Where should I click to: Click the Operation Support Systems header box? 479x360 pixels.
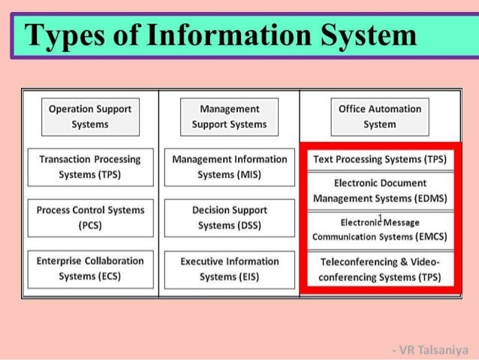tap(89, 116)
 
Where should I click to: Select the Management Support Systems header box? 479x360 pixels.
tap(229, 116)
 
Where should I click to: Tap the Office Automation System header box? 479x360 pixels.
tap(379, 116)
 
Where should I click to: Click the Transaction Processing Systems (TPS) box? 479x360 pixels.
tap(89, 167)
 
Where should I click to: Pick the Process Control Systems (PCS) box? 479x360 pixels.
tap(89, 217)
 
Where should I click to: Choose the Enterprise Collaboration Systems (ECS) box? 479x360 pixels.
tap(89, 268)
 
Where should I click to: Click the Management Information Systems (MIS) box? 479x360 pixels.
tap(229, 167)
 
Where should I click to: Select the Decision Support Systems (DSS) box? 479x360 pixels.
tap(229, 217)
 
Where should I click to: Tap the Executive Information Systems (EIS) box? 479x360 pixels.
tap(229, 268)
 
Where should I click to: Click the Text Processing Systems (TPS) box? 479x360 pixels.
tap(379, 160)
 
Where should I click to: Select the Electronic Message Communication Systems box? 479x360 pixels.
tap(379, 229)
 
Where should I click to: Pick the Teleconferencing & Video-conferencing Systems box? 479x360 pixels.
tap(379, 269)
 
